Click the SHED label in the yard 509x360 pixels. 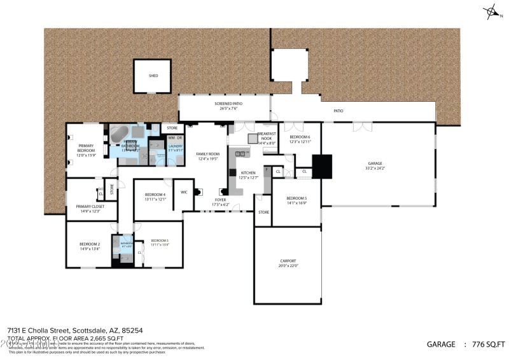(153, 76)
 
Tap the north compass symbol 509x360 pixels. (491, 11)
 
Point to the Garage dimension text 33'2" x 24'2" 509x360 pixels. (374, 169)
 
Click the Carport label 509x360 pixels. (288, 261)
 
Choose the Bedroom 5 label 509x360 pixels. (296, 198)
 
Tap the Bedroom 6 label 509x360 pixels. (300, 137)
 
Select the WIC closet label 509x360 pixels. (183, 191)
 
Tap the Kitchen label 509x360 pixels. (248, 172)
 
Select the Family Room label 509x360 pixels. (207, 154)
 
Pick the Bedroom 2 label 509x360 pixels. (89, 244)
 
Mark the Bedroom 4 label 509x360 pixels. (155, 195)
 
